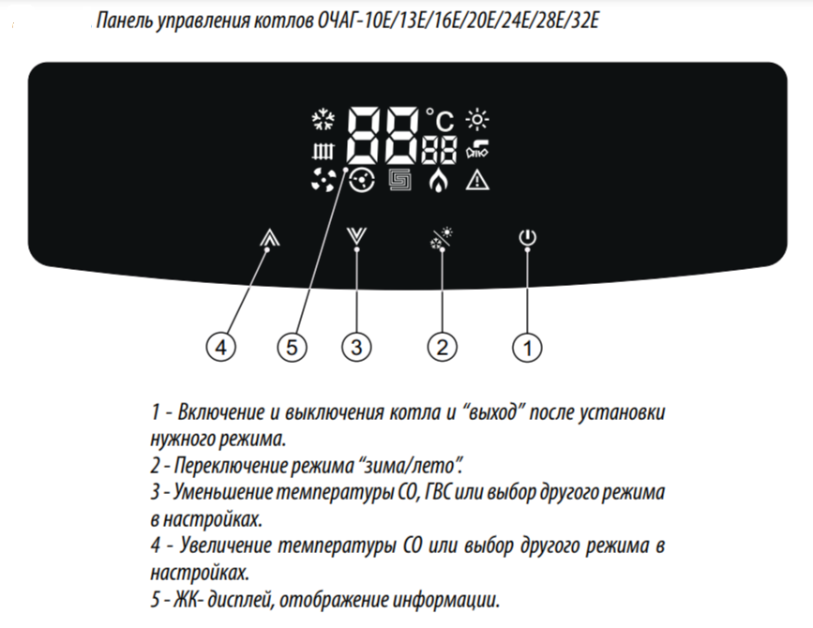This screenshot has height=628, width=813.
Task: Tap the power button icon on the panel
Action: (527, 237)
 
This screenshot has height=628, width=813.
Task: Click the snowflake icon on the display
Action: (323, 120)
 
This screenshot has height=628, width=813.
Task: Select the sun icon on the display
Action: (477, 120)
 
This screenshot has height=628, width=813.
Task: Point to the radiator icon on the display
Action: (323, 151)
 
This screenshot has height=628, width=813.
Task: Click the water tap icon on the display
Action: (477, 149)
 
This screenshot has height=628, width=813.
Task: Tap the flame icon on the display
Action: (439, 180)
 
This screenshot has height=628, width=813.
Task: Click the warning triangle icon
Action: (477, 180)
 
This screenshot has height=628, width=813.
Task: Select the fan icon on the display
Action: (323, 180)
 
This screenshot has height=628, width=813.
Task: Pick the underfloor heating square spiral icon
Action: (400, 180)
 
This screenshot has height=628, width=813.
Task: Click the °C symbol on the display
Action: (440, 120)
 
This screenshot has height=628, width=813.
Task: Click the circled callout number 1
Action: (527, 347)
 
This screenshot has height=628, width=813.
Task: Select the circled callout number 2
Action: (443, 347)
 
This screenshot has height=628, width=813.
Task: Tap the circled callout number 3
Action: (356, 347)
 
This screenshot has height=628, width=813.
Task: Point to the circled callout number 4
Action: (221, 347)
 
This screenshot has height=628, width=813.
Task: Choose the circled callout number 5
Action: (292, 347)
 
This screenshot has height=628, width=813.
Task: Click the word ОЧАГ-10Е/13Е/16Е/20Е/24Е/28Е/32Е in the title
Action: (457, 21)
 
